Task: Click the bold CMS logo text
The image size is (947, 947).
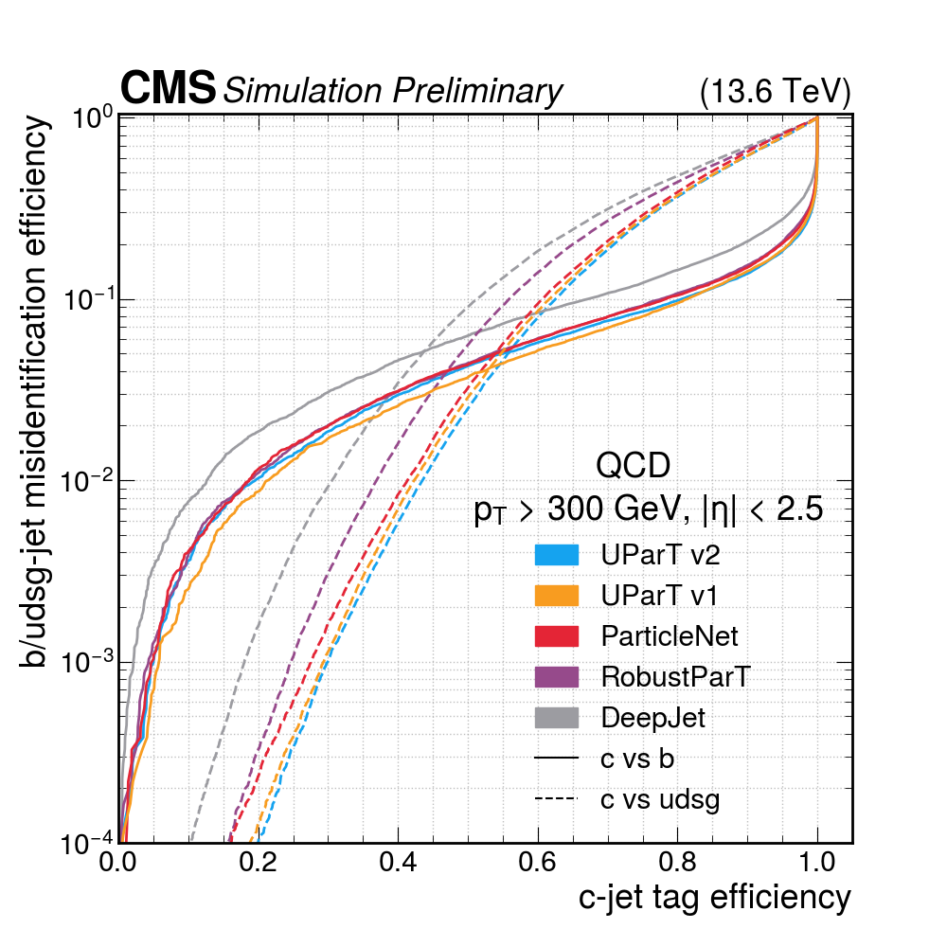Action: coord(168,89)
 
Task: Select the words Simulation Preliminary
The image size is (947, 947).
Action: coord(391,91)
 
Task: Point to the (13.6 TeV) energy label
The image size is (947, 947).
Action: coord(775,92)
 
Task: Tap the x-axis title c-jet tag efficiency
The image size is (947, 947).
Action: coord(715,897)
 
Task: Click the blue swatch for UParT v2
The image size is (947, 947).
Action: coord(556,554)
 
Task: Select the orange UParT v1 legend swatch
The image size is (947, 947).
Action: coord(556,595)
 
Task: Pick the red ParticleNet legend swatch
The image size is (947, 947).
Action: coord(556,635)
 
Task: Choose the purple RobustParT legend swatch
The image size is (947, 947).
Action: coord(556,676)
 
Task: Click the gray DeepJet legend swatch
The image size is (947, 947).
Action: coord(556,717)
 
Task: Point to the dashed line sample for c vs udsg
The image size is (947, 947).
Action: coord(556,799)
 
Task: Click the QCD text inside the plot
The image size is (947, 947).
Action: coord(633,466)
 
